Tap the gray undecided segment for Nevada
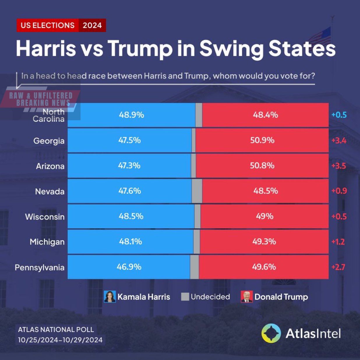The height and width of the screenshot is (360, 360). pos(197,191)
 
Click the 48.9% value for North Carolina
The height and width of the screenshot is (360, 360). pos(131,115)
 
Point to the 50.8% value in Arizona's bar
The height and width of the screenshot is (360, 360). pos(262,166)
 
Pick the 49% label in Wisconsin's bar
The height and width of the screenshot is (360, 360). pos(264,216)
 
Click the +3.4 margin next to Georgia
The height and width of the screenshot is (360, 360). pos(339,141)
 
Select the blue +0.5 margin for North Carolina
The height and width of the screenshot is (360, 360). pos(339,115)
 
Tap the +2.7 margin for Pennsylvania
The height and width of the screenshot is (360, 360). pos(338,267)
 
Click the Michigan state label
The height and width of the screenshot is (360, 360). pos(47,242)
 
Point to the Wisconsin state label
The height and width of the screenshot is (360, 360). pos(45,217)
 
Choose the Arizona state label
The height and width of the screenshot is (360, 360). pos(50,166)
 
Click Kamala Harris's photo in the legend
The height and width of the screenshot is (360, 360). pos(110,297)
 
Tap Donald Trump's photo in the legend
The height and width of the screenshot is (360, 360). pos(247,297)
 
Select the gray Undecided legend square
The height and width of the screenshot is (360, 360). pos(185,297)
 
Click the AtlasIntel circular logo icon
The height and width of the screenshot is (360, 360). pos(271,333)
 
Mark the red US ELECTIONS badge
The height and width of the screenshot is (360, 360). pos(47,25)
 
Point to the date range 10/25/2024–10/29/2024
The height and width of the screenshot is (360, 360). pos(60,340)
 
